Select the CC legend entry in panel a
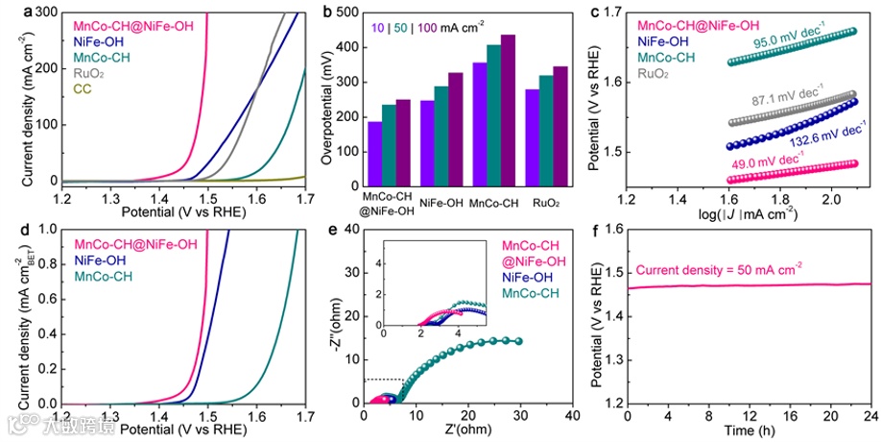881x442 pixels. pos(83,89)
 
